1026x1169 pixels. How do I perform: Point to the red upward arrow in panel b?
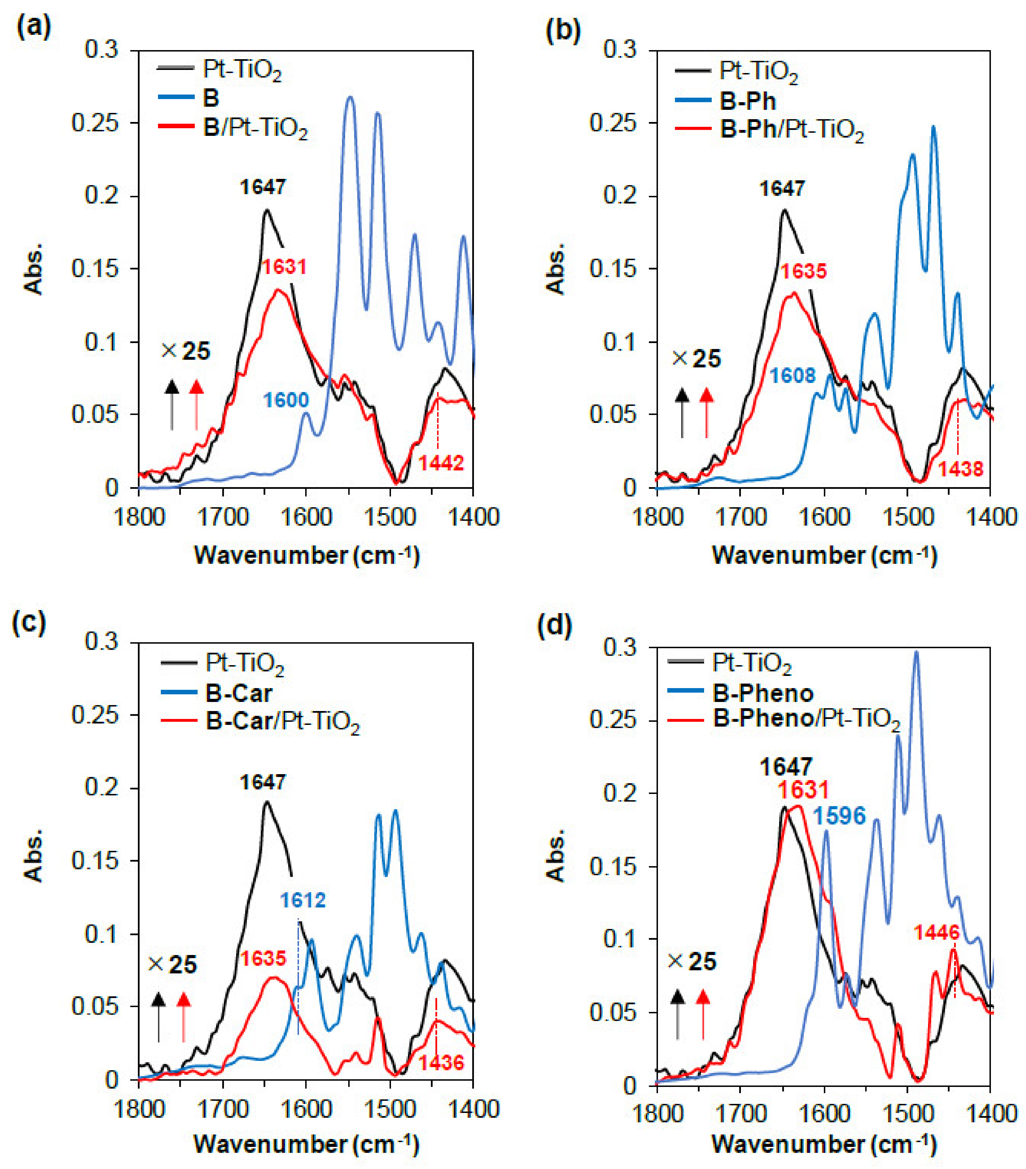[707, 412]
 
